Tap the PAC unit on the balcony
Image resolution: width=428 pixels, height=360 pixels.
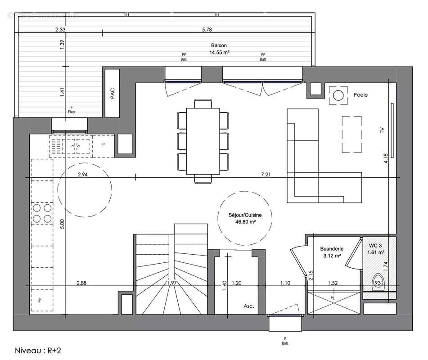point(113,93)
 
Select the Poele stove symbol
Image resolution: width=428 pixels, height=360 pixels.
point(338,95)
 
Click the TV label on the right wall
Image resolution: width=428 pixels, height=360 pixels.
point(382,131)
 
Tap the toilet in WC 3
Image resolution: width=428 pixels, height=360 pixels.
point(378,282)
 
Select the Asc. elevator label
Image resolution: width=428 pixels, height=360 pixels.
point(248,306)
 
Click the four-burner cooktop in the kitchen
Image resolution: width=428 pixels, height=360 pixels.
point(41,213)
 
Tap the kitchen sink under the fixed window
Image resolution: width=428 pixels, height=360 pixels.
point(75,145)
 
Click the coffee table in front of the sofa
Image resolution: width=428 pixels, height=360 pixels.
point(351,134)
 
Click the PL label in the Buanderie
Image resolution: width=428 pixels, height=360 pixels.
point(333,298)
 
